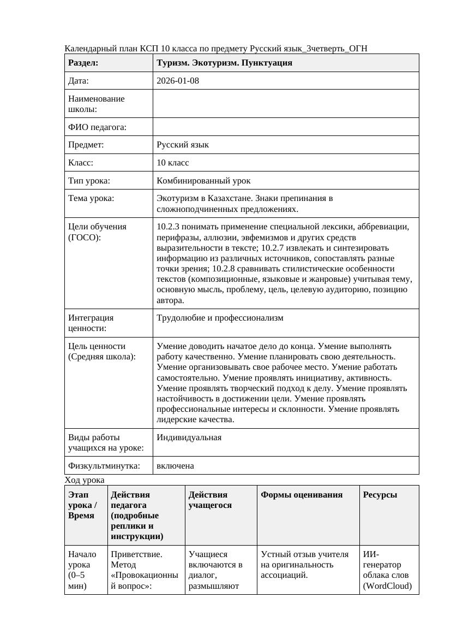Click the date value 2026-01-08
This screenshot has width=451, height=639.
[178, 81]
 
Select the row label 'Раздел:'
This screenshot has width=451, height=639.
[83, 63]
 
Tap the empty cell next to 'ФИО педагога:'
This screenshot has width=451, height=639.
[286, 127]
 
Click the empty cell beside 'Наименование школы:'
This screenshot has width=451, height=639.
[286, 104]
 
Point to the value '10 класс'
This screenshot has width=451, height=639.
[173, 163]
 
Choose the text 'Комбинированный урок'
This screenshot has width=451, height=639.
[203, 180]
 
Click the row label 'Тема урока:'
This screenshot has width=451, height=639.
[91, 198]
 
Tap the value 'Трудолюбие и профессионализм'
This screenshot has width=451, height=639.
[220, 318]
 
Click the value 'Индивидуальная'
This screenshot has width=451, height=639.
[189, 437]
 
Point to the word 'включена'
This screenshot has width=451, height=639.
[175, 466]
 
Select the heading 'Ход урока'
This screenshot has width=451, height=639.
[85, 480]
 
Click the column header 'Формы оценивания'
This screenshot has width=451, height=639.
[302, 495]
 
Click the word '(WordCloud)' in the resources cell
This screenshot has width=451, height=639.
[387, 586]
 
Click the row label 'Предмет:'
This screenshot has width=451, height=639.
[86, 145]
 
